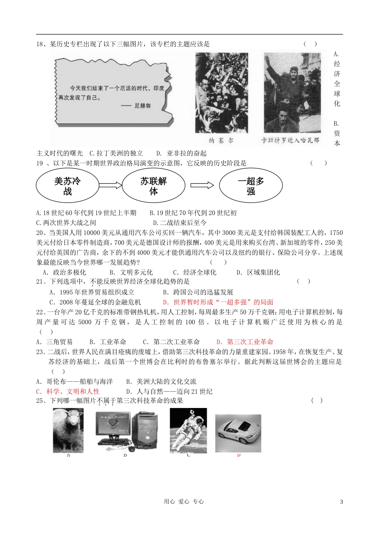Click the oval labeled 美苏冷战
67,186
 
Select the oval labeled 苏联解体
153,186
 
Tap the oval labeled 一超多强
251,186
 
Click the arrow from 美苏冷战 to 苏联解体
110,185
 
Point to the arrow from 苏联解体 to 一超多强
202,185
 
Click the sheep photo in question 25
68,430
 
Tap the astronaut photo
188,430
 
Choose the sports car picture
238,433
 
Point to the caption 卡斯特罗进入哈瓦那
290,140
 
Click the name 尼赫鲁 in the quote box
142,106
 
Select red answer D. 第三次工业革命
245,342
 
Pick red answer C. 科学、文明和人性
68,392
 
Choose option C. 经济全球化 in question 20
194,272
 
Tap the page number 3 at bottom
341,502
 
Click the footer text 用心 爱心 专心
184,502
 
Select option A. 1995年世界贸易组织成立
92,292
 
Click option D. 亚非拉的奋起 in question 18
182,153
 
